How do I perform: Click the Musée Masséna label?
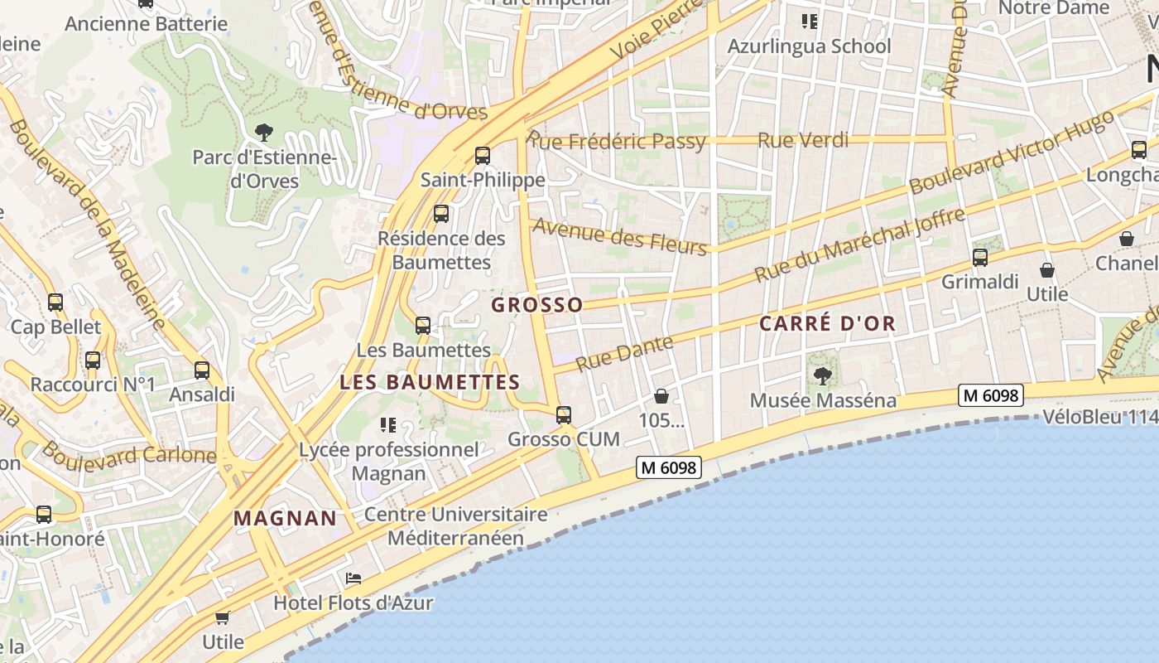pyautogui.click(x=822, y=401)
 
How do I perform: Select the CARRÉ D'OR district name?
pyautogui.click(x=828, y=324)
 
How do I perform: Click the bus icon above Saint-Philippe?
pyautogui.click(x=483, y=155)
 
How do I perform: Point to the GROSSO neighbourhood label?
pyautogui.click(x=537, y=305)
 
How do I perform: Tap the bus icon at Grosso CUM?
pyautogui.click(x=564, y=414)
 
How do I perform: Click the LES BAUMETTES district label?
pyautogui.click(x=430, y=383)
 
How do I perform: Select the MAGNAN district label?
pyautogui.click(x=285, y=520)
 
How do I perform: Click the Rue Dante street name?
pyautogui.click(x=624, y=353)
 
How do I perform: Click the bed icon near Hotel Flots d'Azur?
pyautogui.click(x=353, y=578)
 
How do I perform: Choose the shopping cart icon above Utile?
pyautogui.click(x=222, y=617)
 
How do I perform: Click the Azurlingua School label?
pyautogui.click(x=809, y=46)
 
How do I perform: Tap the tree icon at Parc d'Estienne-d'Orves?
pyautogui.click(x=264, y=132)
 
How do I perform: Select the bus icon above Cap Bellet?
pyautogui.click(x=55, y=302)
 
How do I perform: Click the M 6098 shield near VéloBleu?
pyautogui.click(x=991, y=395)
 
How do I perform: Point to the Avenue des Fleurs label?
pyautogui.click(x=620, y=237)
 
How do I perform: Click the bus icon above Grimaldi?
pyautogui.click(x=980, y=258)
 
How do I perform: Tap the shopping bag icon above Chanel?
pyautogui.click(x=1127, y=239)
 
